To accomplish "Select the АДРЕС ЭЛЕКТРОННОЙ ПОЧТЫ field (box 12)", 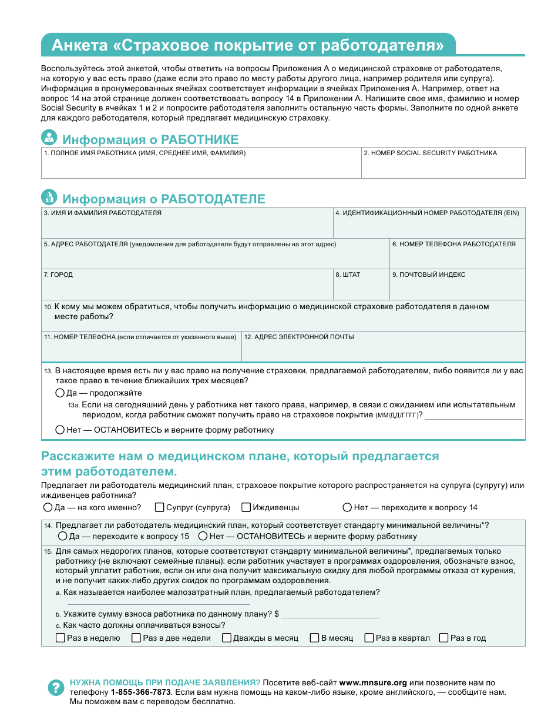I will [383, 351].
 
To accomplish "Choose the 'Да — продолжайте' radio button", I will [60, 393].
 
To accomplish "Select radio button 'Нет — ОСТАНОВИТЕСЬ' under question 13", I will [60, 430].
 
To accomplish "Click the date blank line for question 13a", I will [473, 415].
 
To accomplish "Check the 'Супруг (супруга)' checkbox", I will [159, 507].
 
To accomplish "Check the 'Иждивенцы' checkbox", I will [247, 507].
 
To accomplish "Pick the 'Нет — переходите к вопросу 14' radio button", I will [348, 507].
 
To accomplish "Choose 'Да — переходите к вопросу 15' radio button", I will [63, 536].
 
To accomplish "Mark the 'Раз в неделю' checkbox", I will [60, 638].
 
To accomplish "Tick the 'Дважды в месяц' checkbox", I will [227, 638].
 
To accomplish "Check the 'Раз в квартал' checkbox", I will [369, 638].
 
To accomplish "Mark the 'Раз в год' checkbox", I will [444, 638].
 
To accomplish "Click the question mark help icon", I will [55, 687].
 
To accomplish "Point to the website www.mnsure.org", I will [373, 682].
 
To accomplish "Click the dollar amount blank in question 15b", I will [330, 614].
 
